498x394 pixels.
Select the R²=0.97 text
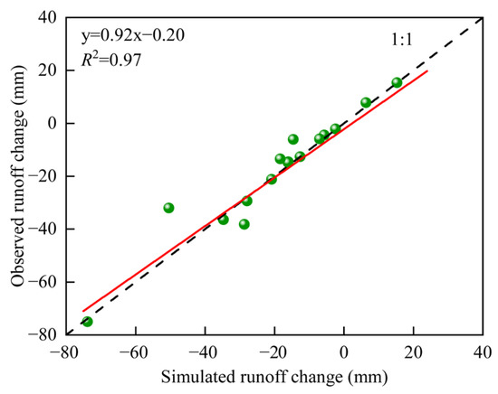pos(110,61)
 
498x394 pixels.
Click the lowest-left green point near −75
pos(87,321)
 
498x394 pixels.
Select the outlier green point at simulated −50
pos(168,208)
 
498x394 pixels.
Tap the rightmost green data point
pos(397,82)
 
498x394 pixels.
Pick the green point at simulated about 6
pos(366,102)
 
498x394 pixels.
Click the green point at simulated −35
pos(224,219)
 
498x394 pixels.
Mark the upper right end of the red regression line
pos(426,70)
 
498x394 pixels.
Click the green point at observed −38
pos(244,223)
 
